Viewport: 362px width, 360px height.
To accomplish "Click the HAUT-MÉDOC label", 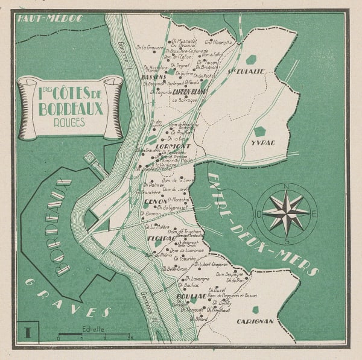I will click(x=43, y=19).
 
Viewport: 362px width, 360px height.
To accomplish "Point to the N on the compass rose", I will click(x=286, y=186).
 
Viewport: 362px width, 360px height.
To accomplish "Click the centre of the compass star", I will click(x=286, y=212).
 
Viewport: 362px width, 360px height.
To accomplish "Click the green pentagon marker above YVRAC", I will click(x=259, y=131).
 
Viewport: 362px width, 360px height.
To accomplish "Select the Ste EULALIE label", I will click(x=245, y=71).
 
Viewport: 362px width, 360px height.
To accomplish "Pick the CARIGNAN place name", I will click(x=255, y=321).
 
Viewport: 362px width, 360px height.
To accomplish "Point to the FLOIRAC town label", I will click(x=160, y=239).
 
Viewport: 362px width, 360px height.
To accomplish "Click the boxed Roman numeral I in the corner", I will click(x=27, y=332).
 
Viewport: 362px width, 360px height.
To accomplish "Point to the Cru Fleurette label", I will click(x=218, y=42).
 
